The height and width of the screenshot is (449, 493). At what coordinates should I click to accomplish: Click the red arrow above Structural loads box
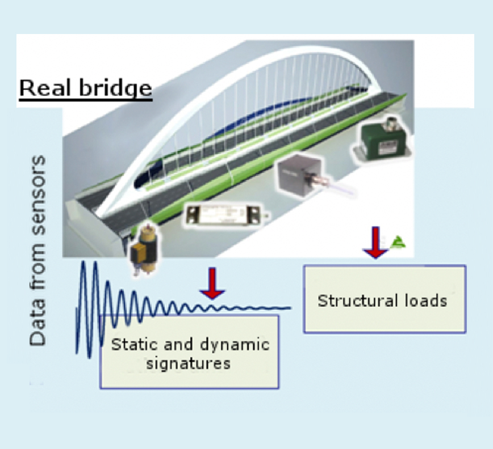376,243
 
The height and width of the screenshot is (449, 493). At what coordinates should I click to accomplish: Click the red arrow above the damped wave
212,283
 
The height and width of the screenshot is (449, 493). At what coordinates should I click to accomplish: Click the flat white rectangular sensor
224,215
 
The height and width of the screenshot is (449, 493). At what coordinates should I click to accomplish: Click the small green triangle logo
398,242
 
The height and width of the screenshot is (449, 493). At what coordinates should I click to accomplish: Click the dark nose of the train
141,182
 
